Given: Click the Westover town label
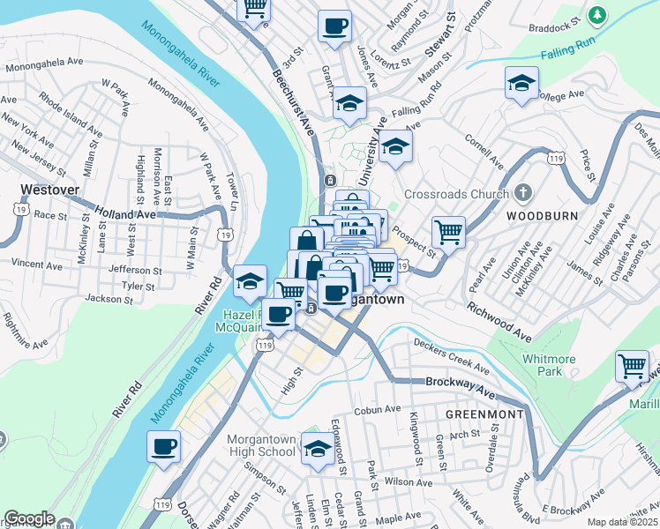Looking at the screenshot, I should [49, 190].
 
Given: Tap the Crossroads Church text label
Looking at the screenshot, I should [456, 194].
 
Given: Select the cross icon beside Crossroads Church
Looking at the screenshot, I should [523, 193].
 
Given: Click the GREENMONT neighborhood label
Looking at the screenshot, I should [484, 414].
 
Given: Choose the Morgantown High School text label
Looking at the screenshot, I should [260, 445].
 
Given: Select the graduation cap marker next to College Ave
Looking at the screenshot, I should [521, 84].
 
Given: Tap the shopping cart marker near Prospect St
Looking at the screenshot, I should [449, 233].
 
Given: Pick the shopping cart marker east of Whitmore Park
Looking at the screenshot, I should [633, 365].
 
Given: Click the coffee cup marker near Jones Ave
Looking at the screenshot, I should [334, 27].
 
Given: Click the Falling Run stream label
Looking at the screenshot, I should [569, 53].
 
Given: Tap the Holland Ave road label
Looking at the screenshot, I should [124, 214].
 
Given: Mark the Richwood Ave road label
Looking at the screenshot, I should [500, 323].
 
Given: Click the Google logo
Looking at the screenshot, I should [29, 518].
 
